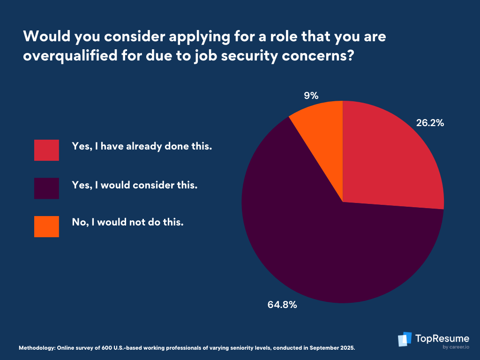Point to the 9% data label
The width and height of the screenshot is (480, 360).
click(x=311, y=96)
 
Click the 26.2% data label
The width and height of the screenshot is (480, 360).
click(x=430, y=123)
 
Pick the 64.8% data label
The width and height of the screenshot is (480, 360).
click(x=282, y=305)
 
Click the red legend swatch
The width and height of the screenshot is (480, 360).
click(x=46, y=150)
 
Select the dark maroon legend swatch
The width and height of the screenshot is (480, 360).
click(x=46, y=188)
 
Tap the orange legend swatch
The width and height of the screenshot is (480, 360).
click(x=46, y=226)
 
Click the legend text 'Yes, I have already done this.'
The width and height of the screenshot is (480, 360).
click(x=142, y=146)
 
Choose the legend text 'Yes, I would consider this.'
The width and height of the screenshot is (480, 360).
click(x=135, y=185)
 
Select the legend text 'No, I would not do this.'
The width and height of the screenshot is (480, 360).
click(x=127, y=222)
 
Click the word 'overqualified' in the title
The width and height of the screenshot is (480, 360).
click(x=70, y=56)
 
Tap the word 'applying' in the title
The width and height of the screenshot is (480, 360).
click(x=199, y=37)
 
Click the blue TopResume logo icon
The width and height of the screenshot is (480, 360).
click(x=405, y=339)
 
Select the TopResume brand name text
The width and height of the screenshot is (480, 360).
click(x=442, y=338)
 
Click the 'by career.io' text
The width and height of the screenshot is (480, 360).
click(x=456, y=347)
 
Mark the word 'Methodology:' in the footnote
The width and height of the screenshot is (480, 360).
click(x=37, y=348)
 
